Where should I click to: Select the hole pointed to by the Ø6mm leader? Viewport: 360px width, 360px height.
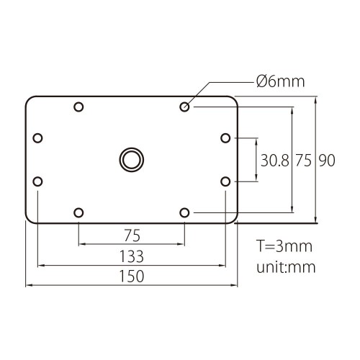pos(185,107)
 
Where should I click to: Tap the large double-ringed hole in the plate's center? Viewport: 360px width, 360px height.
pos(132,159)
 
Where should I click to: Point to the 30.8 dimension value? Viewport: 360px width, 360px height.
pos(275,161)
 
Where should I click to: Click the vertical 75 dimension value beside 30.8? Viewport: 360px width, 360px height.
pos(304,161)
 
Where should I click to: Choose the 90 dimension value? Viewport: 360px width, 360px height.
pos(327,161)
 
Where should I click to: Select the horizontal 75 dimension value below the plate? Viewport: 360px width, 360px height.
pos(132,235)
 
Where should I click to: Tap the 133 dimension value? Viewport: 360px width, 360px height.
pos(132,256)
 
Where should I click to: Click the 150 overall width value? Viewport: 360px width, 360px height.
pos(132,276)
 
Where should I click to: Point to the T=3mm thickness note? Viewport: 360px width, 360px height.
pos(284,246)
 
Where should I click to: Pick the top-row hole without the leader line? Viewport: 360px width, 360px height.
pos(78,107)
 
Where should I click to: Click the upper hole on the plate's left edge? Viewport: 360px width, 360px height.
pos(38,138)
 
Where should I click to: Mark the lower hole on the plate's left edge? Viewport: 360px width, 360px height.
pos(38,181)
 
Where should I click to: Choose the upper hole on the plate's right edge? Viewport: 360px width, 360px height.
pos(225,138)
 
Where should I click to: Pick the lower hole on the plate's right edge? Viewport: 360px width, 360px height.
pos(225,181)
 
